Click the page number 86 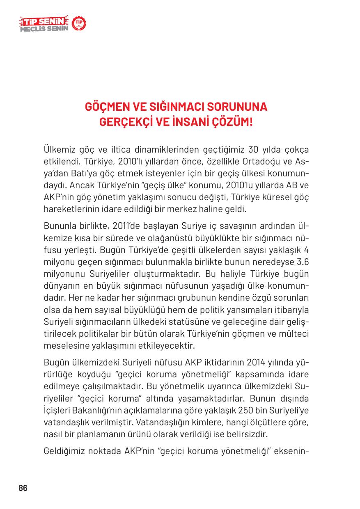[x=23, y=488]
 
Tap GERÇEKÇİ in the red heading [x=122, y=122]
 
